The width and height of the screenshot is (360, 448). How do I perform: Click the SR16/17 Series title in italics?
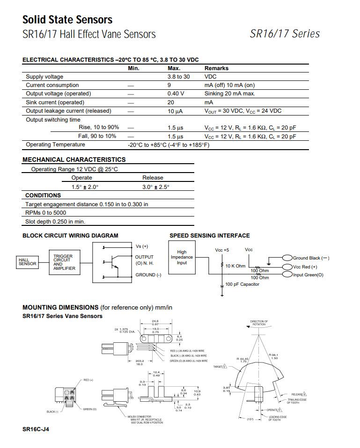(285, 34)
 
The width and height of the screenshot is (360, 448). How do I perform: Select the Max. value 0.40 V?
(176, 94)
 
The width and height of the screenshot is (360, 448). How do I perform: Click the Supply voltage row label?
(44, 77)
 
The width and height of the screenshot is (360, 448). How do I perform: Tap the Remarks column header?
(216, 68)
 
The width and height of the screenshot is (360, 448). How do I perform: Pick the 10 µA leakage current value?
(175, 111)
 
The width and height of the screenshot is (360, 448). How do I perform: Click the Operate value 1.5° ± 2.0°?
(85, 187)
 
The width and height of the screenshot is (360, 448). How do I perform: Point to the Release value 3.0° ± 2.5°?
(155, 187)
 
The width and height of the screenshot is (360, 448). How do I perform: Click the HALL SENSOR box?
(27, 262)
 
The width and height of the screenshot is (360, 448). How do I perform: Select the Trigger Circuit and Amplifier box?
(64, 262)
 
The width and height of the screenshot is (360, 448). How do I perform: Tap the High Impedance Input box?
(182, 257)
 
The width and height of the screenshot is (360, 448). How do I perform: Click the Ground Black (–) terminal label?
(311, 258)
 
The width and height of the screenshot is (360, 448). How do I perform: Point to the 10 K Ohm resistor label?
(235, 266)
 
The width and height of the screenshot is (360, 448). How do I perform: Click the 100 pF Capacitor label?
(242, 284)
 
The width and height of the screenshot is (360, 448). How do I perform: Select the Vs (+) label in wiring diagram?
(141, 246)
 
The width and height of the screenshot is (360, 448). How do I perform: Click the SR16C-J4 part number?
(36, 429)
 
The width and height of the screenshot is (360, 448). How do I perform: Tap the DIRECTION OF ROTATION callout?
(259, 323)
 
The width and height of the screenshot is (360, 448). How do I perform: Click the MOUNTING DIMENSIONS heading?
(60, 307)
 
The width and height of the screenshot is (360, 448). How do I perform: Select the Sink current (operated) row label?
(55, 102)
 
